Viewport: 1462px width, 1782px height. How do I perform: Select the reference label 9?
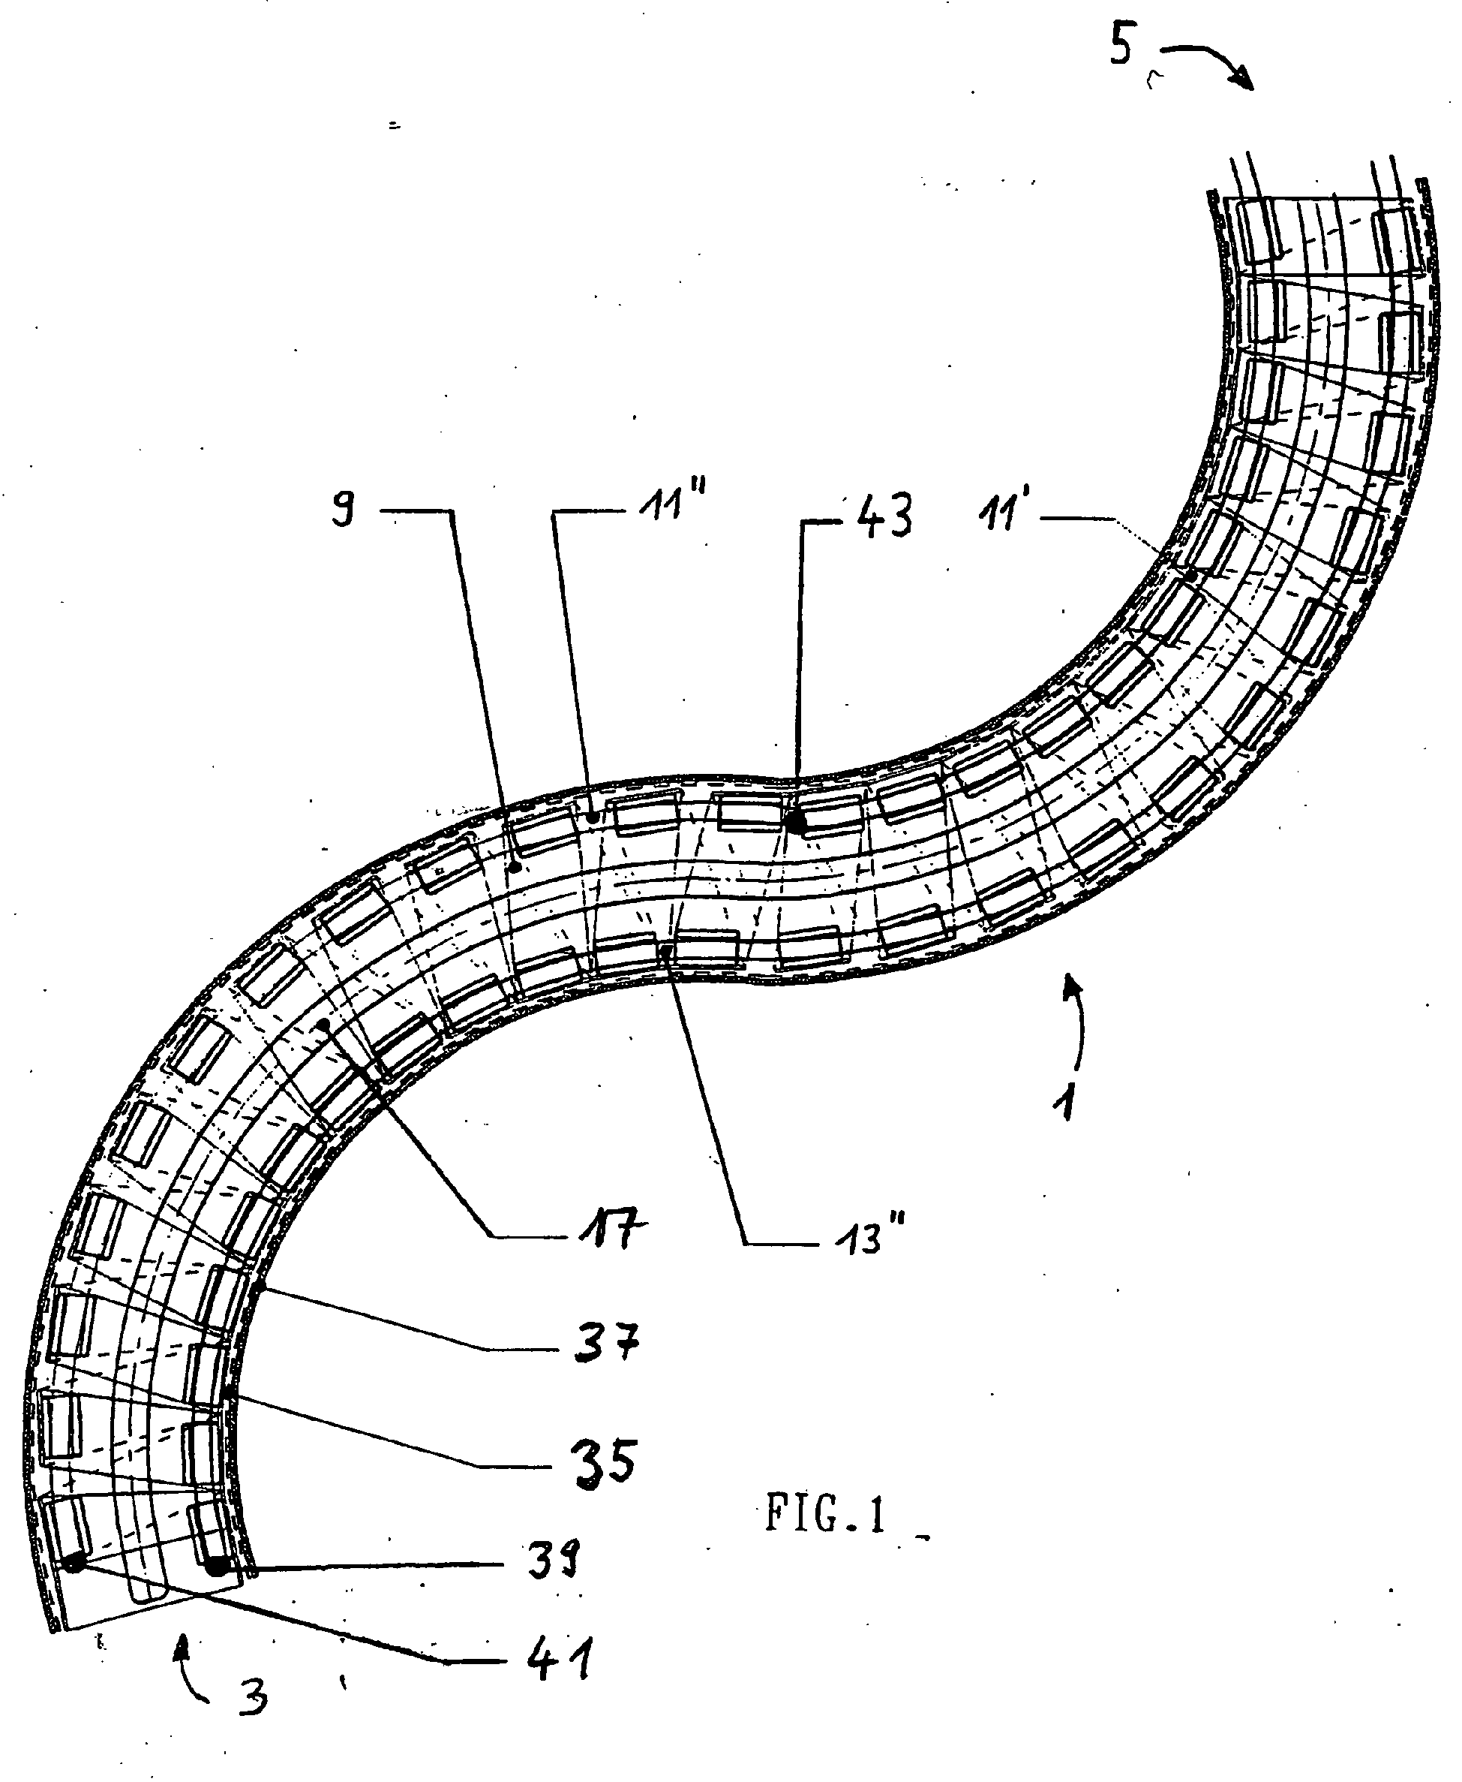343,509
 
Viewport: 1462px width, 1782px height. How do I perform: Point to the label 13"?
867,1239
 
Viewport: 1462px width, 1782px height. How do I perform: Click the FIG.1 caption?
826,1514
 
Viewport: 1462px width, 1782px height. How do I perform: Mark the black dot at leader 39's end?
218,1567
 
